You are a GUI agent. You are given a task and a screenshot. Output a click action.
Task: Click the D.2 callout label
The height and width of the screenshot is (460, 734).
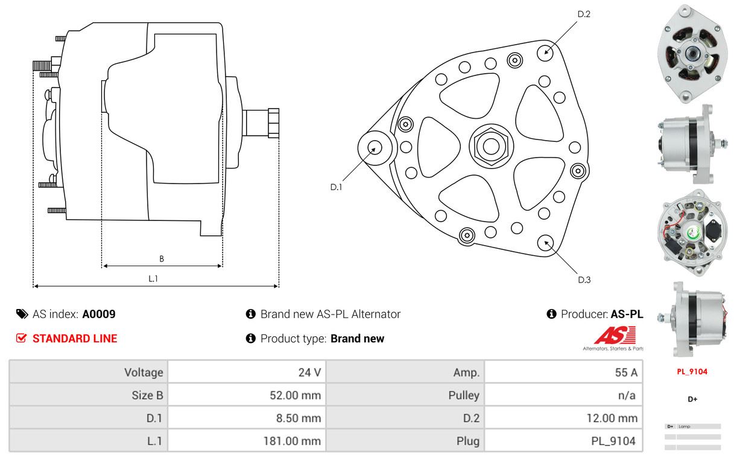(583, 13)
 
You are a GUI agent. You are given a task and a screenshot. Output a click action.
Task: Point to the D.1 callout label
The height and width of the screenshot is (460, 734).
(336, 187)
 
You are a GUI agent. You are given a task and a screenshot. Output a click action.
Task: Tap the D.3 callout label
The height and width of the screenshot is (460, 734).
(584, 280)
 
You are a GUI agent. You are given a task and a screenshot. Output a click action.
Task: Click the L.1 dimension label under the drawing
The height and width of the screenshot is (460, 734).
(153, 278)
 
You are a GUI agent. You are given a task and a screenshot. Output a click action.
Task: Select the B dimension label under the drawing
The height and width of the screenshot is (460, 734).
(162, 259)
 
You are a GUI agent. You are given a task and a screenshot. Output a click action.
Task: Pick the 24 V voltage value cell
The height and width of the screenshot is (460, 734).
(309, 372)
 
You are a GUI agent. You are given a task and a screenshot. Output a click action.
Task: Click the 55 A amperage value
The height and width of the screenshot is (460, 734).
(625, 372)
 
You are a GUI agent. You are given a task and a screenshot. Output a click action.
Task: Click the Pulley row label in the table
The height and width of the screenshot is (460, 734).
(464, 395)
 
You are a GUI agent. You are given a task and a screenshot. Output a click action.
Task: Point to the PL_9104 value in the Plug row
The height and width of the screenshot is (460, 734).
(613, 441)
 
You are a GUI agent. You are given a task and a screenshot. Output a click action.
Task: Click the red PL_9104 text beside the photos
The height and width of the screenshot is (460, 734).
(692, 372)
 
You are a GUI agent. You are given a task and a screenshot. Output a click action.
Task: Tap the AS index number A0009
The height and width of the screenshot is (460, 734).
(99, 314)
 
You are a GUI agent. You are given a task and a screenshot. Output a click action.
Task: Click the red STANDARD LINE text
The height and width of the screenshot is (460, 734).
(75, 339)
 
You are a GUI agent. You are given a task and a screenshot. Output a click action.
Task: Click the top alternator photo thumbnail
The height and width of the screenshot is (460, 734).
(692, 53)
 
